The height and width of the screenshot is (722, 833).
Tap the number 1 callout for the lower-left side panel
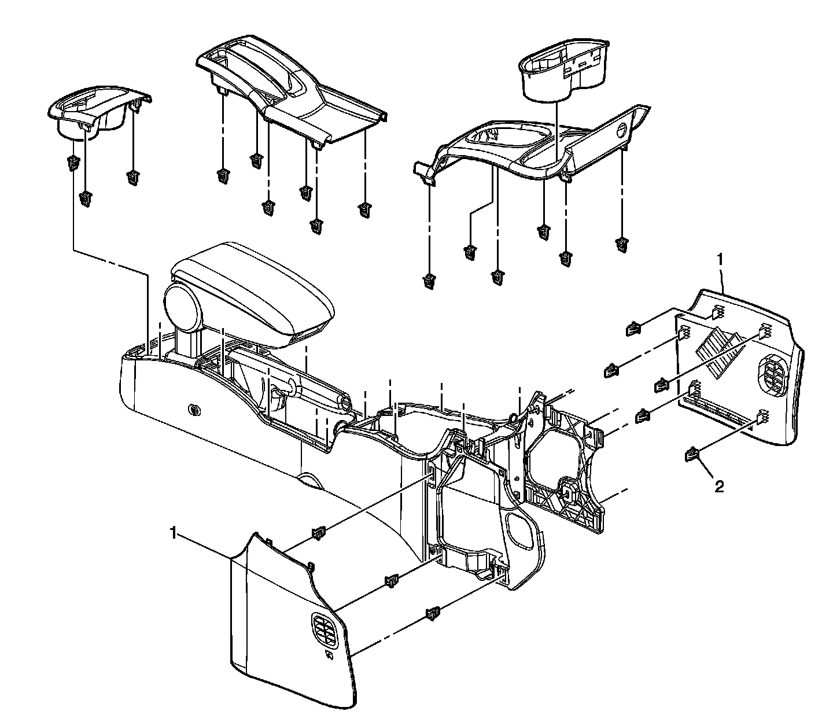click(172, 533)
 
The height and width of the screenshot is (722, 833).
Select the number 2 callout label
click(719, 487)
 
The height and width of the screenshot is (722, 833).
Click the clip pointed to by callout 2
click(692, 456)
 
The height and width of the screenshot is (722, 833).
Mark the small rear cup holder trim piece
click(98, 113)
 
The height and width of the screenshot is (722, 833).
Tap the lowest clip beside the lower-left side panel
click(432, 613)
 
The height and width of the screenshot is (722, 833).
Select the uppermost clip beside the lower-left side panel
click(318, 532)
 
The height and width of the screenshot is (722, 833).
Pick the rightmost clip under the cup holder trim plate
click(622, 244)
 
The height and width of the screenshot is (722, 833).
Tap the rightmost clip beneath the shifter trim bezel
click(364, 210)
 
